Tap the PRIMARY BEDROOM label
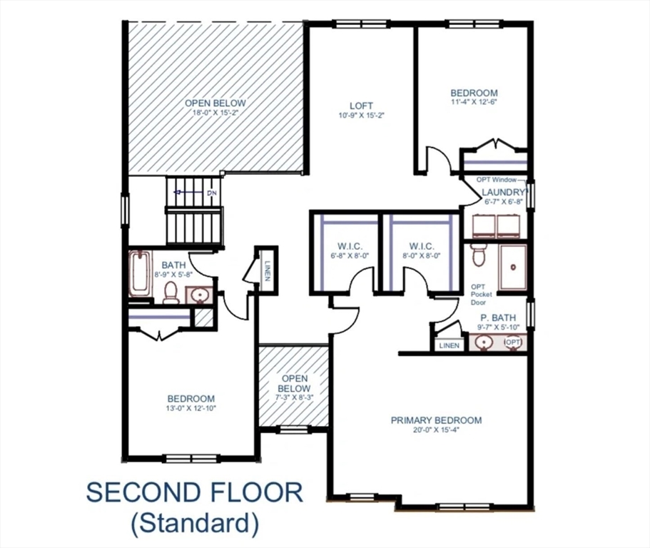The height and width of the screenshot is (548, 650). (436, 420)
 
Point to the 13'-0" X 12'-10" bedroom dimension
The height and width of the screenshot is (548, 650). (191, 409)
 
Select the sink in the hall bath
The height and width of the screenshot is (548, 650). (198, 295)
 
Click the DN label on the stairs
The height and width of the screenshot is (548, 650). (211, 193)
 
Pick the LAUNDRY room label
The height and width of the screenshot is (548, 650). (503, 193)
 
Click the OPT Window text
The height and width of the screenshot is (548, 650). (503, 180)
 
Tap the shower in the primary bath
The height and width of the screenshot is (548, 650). (512, 268)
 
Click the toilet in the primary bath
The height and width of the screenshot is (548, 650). (479, 254)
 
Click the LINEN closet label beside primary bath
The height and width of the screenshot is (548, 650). (450, 345)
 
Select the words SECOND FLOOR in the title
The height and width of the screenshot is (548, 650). (194, 493)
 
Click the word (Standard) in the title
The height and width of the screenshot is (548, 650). (194, 524)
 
